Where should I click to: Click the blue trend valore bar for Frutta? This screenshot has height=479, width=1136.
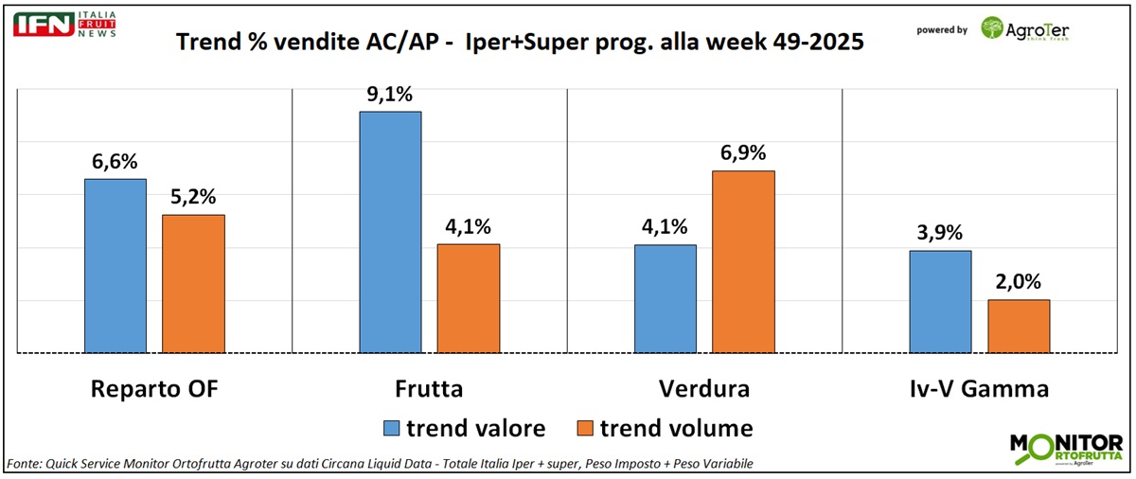pos(390,232)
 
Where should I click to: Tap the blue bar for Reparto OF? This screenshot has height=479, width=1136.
pos(115,266)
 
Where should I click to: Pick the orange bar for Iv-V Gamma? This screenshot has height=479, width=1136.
pos(1019,327)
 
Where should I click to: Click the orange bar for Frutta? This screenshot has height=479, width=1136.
pos(468,298)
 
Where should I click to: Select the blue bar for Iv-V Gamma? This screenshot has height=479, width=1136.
pos(940,302)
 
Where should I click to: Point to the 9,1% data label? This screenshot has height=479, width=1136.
pos(390,95)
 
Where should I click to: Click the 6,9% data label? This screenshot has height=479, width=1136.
pos(743,154)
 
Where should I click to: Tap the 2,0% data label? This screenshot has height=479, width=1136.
pos(1019,282)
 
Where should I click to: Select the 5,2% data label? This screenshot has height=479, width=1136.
pos(194,198)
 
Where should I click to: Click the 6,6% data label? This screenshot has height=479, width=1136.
pos(115,163)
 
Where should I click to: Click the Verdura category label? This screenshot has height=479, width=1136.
pos(703,389)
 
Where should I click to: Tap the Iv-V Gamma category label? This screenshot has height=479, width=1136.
pos(979,389)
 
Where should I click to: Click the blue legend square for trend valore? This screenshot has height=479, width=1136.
pos(391,429)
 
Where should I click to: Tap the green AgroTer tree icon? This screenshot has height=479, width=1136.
pos(993,29)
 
